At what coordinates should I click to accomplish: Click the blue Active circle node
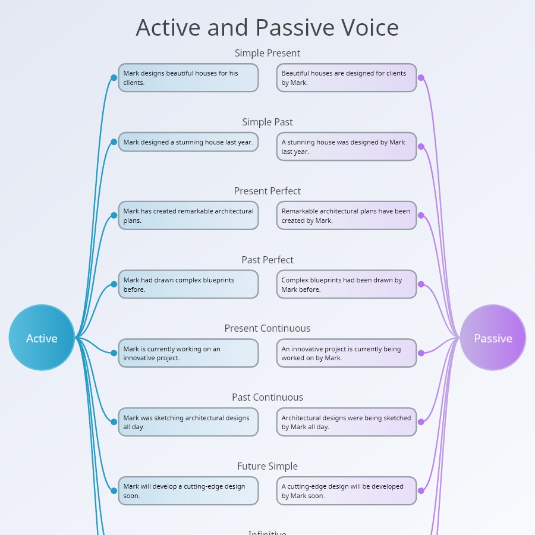pos(42,338)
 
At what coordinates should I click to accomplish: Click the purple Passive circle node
pos(493,338)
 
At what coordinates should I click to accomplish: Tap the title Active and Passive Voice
pos(267,28)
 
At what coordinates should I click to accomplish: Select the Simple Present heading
pos(267,53)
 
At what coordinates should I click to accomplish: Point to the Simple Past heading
pos(267,122)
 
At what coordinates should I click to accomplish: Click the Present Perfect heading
pos(267,191)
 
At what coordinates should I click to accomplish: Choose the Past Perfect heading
pos(267,260)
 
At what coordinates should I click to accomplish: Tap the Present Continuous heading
pos(267,328)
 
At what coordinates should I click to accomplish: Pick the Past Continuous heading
pos(267,397)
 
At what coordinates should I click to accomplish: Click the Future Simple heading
pos(267,466)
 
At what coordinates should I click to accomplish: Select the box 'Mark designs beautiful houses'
pos(188,78)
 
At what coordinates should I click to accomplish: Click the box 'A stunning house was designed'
pos(346,147)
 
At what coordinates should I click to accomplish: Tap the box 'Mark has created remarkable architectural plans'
pos(188,215)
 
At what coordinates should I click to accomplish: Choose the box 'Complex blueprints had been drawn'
pos(346,284)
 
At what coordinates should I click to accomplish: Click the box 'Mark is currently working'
pos(188,353)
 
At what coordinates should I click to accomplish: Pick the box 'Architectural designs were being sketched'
pos(346,422)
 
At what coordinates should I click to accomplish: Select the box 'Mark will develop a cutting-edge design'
pos(188,491)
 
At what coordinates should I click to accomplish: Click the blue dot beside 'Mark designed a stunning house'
pos(114,142)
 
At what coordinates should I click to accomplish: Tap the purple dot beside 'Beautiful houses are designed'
pos(421,78)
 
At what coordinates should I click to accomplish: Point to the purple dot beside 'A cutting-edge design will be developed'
pos(421,491)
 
